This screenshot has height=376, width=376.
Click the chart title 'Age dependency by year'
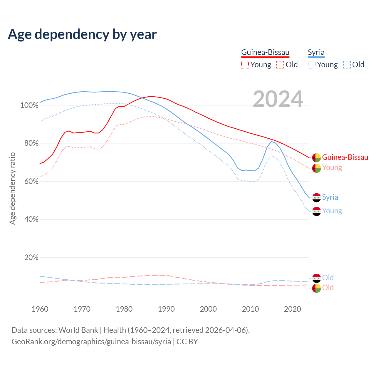pyautogui.click(x=82, y=34)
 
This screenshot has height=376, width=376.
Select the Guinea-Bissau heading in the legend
pyautogui.click(x=265, y=53)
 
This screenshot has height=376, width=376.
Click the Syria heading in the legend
pyautogui.click(x=316, y=53)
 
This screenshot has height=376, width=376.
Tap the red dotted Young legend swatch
pyautogui.click(x=245, y=65)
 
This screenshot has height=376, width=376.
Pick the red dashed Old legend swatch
pyautogui.click(x=280, y=65)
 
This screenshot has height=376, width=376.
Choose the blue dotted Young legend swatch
pyautogui.click(x=312, y=65)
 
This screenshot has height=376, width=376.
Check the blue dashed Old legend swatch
pyautogui.click(x=347, y=65)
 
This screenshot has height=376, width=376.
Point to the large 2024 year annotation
pyautogui.click(x=278, y=99)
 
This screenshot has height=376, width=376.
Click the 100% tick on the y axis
pyautogui.click(x=29, y=105)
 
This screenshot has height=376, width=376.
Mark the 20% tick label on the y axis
pyautogui.click(x=31, y=258)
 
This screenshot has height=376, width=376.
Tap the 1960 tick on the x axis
pyautogui.click(x=40, y=309)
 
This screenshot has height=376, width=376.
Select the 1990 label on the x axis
pyautogui.click(x=166, y=309)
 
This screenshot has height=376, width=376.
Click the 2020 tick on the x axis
pyautogui.click(x=293, y=309)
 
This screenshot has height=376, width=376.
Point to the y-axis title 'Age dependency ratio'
pyautogui.click(x=13, y=188)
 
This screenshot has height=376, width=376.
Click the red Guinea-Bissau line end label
pyautogui.click(x=345, y=157)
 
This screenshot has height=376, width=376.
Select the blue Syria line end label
pyautogui.click(x=330, y=197)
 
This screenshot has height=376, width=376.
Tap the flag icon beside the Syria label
pyautogui.click(x=316, y=198)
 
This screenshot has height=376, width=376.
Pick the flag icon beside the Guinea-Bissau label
pyautogui.click(x=316, y=158)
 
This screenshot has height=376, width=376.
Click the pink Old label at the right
pyautogui.click(x=328, y=288)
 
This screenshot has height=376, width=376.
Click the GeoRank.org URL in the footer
pyautogui.click(x=91, y=342)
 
